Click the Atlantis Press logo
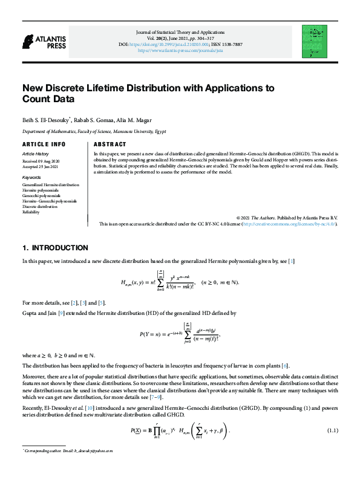44,42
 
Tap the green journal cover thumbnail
313,41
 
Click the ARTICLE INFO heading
44,144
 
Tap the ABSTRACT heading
110,144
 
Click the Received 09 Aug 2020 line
42,161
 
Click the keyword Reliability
31,212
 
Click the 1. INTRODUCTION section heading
55,248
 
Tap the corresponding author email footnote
69,451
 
